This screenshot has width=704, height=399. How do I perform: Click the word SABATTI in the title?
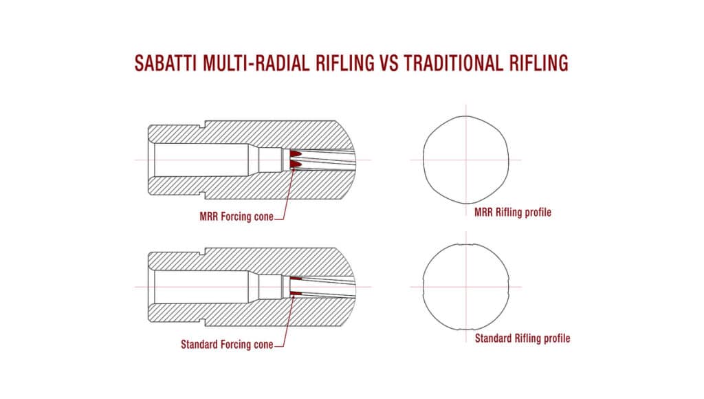pos(166,63)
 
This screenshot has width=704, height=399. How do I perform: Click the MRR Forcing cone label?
pos(236,217)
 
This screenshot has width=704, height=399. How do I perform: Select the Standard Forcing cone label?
pos(227,345)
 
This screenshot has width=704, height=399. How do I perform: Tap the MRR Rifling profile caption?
pos(513,212)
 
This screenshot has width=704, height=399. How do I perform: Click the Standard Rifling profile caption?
pos(522,338)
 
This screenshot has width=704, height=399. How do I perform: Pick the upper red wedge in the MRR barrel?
pos(294,154)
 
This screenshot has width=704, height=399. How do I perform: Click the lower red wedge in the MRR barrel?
pos(294,165)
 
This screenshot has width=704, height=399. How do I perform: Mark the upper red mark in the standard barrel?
pos(296,279)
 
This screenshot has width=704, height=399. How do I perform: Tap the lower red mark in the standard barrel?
pos(296,294)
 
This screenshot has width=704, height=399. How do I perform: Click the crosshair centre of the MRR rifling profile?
pos(466,160)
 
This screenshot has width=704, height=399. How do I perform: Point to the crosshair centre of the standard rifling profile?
pos(466,287)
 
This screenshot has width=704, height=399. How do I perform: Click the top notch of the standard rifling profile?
pos(466,244)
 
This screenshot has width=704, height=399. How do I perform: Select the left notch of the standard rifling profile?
pos(423,287)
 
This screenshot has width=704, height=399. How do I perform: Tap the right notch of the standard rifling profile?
pos(508,287)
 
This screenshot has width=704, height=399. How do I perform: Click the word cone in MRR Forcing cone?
pos(263,217)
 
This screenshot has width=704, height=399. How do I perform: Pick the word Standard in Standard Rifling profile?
pos(493,338)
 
